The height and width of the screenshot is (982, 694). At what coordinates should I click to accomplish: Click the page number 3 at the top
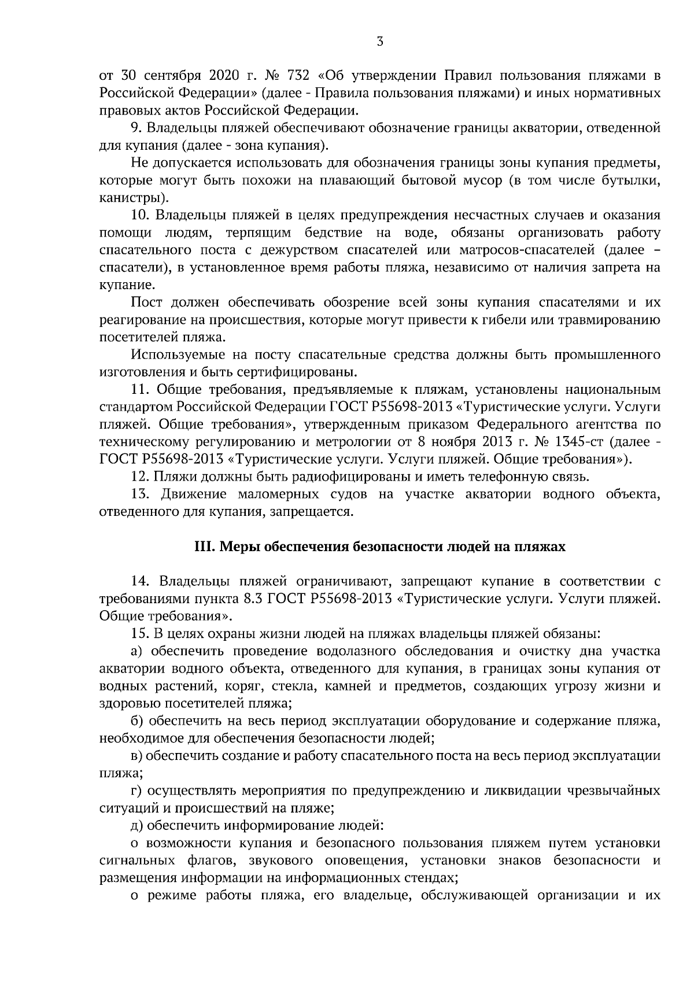[379, 41]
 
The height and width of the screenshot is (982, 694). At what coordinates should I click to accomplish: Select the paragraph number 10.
[141, 215]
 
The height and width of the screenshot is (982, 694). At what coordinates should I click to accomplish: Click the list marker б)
[137, 721]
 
